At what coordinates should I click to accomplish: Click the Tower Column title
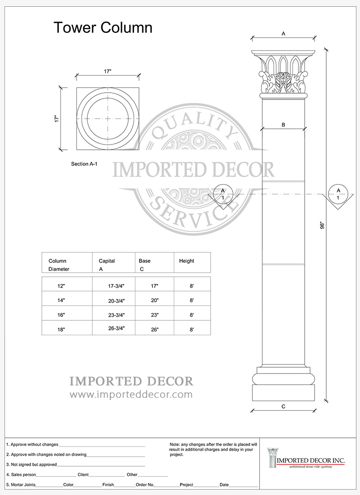(103, 27)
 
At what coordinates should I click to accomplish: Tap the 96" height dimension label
(322, 225)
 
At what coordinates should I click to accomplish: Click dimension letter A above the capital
(283, 33)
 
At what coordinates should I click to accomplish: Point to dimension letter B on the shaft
(283, 125)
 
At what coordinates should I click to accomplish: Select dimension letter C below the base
(283, 406)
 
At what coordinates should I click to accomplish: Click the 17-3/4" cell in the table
(116, 286)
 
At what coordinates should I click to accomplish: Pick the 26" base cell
(155, 329)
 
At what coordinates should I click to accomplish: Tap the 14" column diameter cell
(61, 301)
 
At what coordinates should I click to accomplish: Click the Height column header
(187, 261)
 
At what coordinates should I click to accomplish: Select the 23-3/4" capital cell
(117, 315)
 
